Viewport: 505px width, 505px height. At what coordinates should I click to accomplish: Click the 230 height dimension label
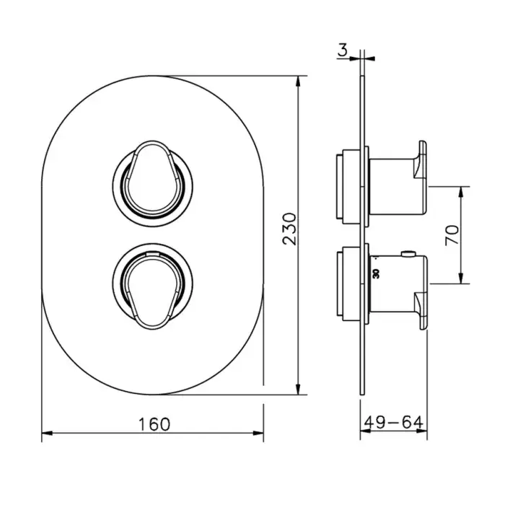tap(289, 229)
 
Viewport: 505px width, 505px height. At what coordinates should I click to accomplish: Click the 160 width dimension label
tap(154, 424)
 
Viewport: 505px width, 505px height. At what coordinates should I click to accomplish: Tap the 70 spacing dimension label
tap(452, 235)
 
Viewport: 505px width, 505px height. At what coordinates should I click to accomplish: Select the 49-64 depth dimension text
tap(394, 422)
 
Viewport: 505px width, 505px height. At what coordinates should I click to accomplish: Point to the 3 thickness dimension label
tap(343, 50)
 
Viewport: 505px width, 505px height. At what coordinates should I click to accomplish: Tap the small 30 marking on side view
tap(376, 273)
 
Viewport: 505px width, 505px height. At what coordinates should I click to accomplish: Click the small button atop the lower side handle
tap(408, 253)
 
